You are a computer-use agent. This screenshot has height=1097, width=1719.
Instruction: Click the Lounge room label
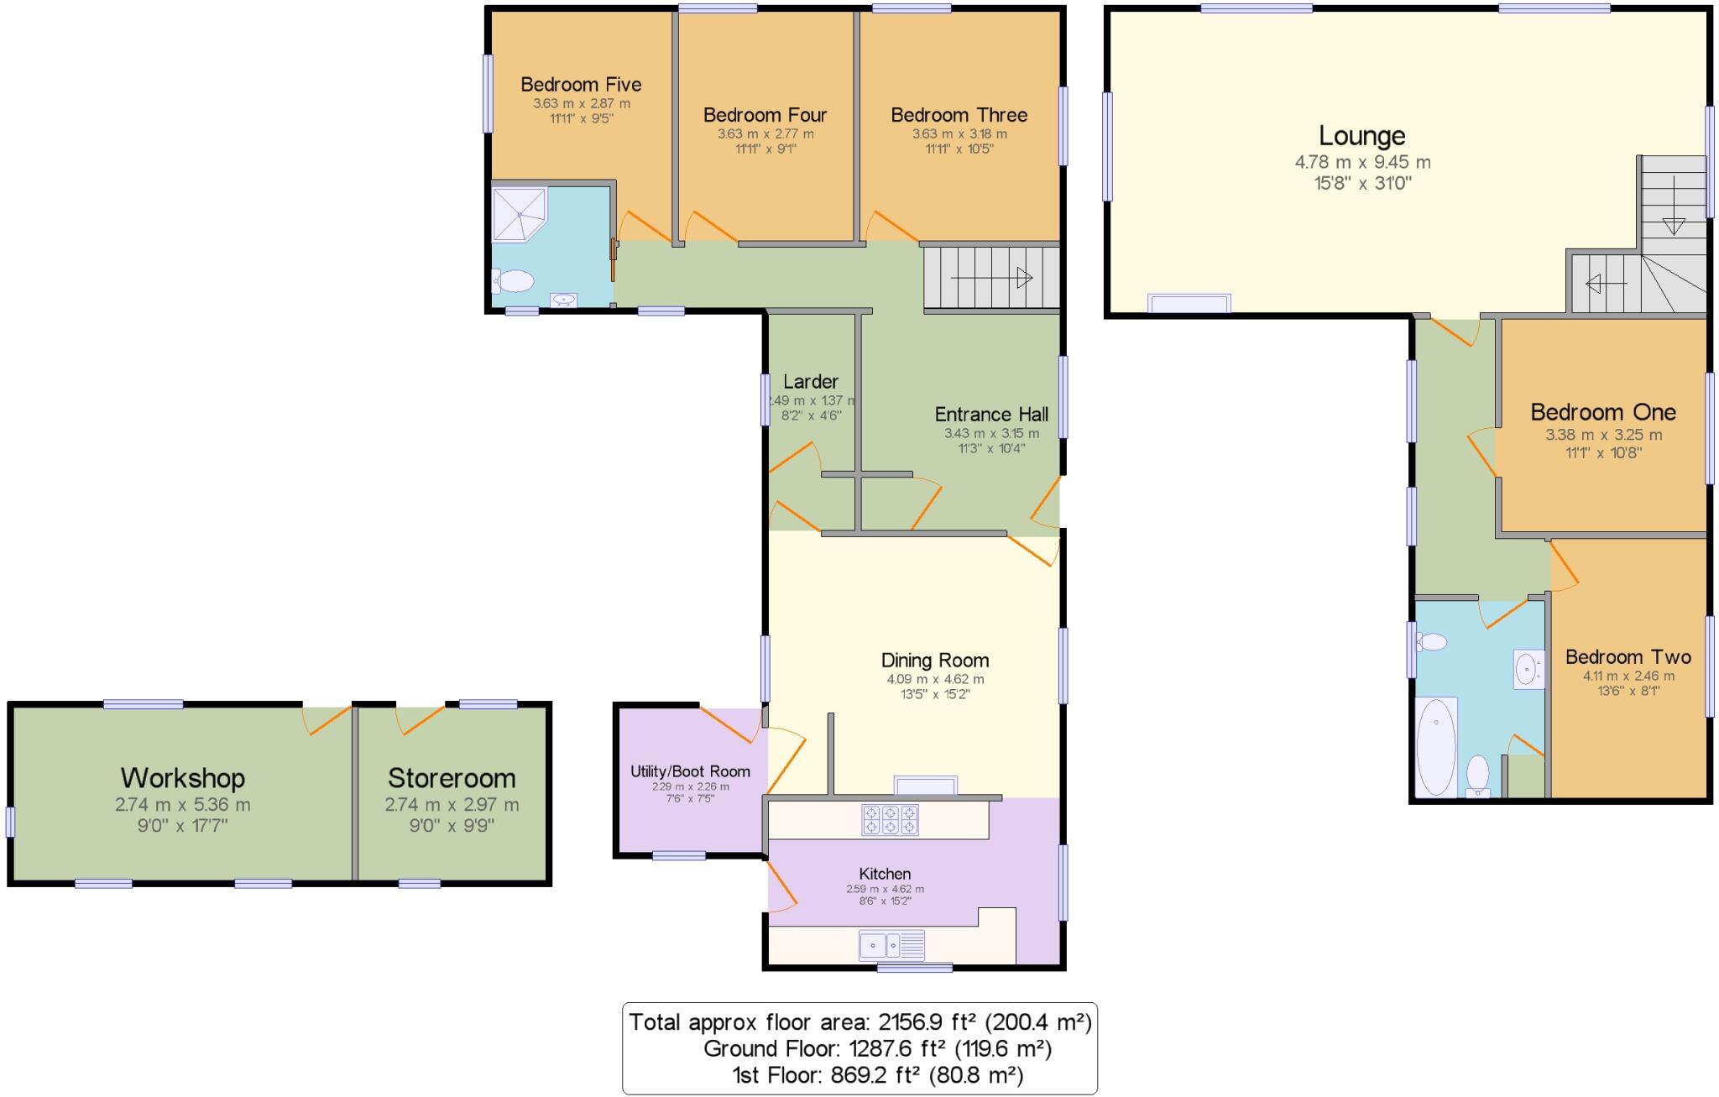1361,136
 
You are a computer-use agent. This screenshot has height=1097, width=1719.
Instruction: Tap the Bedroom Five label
581,85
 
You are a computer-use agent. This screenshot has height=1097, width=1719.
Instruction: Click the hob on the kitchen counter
890,820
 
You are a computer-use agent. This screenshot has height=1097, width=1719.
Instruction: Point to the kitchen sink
891,946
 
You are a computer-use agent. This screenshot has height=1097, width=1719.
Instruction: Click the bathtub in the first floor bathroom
1435,746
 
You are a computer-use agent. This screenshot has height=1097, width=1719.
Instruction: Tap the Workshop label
183,778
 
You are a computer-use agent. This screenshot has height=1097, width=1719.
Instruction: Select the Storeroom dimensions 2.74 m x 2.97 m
452,804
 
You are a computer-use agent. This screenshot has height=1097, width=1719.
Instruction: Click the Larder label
810,382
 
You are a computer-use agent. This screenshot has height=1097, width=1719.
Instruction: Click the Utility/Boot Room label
690,771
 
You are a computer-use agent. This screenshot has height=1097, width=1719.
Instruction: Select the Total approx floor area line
859,1022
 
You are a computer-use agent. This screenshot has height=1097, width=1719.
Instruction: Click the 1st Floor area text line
877,1075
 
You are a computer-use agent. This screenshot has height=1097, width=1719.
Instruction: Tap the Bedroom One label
1602,412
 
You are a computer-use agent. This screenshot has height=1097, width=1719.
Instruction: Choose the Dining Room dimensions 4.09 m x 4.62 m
935,680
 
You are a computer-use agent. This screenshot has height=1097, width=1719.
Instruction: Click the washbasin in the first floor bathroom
1528,670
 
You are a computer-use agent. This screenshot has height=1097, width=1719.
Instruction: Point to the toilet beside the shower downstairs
514,281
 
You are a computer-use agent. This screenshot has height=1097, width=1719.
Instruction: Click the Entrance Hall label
991,415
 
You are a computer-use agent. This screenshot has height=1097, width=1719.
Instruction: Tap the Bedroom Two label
1628,657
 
